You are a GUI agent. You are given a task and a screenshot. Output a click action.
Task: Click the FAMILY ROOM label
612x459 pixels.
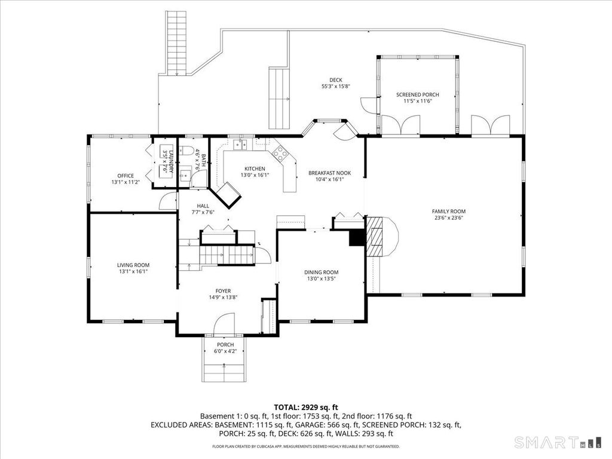coord(448,212)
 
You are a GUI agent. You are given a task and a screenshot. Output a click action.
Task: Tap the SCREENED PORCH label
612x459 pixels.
coord(418,95)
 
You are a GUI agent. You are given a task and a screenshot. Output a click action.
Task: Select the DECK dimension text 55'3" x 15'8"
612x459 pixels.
coord(336,87)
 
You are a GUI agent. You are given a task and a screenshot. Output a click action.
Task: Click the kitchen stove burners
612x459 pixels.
coord(280,152)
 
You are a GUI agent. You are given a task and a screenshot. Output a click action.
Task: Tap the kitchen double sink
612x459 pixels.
coord(240,145)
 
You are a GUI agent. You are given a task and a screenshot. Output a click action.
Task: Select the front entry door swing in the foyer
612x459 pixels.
coord(224,324)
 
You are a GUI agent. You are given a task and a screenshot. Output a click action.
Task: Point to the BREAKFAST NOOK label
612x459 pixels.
coord(329,173)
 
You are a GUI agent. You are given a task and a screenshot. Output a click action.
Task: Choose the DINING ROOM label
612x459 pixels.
coord(321,273)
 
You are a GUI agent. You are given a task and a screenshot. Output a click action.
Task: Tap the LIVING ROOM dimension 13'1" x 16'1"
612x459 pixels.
coord(133,271)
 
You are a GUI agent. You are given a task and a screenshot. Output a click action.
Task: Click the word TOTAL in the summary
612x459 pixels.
coord(286,408)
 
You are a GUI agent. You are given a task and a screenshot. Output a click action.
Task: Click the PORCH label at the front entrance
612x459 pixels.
coord(225,345)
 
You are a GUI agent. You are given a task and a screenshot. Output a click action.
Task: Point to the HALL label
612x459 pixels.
coord(203,206)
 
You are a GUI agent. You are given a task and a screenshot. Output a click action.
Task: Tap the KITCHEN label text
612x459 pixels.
coord(255,169)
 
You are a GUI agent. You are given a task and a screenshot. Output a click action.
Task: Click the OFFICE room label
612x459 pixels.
coord(126,176)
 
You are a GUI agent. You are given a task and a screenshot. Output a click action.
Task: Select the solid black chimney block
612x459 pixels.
coord(356,238)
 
